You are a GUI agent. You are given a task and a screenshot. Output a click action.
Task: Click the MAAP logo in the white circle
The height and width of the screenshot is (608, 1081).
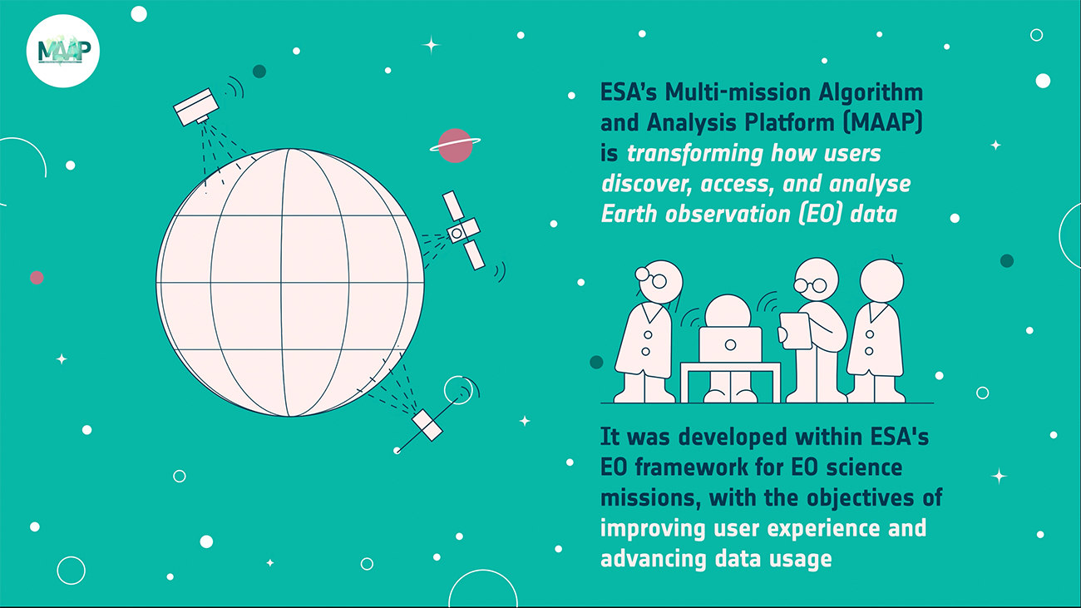(x=64, y=51)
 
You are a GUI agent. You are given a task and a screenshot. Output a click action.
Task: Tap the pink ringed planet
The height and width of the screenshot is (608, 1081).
(x=455, y=146)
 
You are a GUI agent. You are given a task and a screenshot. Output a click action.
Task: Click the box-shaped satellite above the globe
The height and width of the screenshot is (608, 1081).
(x=196, y=106)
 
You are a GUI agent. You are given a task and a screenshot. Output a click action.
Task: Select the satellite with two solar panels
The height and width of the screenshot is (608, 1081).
(x=463, y=230)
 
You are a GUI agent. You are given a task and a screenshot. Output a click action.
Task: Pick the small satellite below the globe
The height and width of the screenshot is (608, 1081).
(x=427, y=425)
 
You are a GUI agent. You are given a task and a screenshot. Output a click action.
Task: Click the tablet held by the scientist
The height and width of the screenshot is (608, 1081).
(x=795, y=330)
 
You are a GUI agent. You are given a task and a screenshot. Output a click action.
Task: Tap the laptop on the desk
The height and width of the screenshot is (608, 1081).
(x=731, y=344)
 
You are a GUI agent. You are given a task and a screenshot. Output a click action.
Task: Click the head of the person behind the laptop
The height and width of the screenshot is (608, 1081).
(x=728, y=311)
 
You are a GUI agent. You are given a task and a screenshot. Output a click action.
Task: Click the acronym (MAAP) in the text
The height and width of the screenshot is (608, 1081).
(x=882, y=122)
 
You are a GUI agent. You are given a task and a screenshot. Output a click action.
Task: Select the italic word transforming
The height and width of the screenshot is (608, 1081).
(x=694, y=154)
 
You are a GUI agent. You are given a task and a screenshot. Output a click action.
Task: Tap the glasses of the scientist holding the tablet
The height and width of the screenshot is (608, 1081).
(x=811, y=285)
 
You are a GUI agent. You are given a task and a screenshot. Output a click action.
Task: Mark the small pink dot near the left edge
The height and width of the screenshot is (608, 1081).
(x=37, y=278)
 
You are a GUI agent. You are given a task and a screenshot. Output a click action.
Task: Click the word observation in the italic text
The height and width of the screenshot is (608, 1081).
(x=728, y=215)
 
